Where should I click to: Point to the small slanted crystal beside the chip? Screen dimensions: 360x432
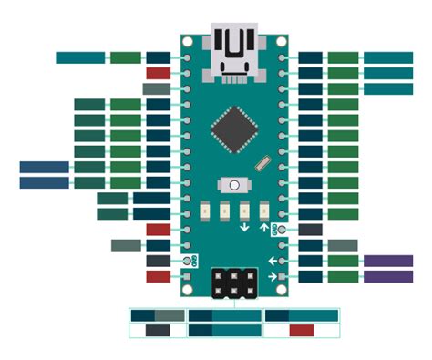pos(264,165)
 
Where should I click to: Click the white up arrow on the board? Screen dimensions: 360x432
pos(265,229)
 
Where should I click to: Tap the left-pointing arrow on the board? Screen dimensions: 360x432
pos(271,262)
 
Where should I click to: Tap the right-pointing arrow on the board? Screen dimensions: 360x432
pos(271,276)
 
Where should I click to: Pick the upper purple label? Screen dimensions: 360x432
pos(388,261)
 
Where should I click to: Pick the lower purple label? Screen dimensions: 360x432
pos(388,276)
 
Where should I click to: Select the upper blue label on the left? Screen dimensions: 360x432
pos(44,167)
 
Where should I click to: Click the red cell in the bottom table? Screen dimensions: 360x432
pos(302,330)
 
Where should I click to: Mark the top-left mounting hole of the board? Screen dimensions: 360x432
pos(188,41)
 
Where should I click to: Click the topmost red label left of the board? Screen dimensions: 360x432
pos(158,73)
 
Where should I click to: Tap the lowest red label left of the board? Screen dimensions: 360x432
pos(158,276)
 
